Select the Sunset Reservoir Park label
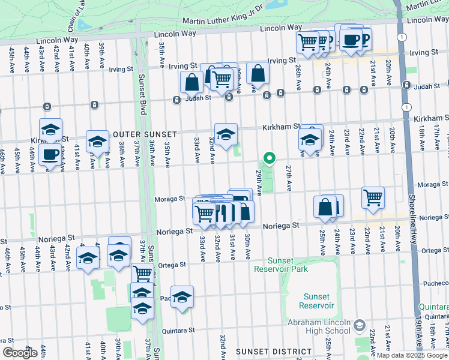(280, 265)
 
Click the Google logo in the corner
(20, 352)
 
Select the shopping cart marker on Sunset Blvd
(142, 273)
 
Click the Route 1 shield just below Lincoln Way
(401, 37)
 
